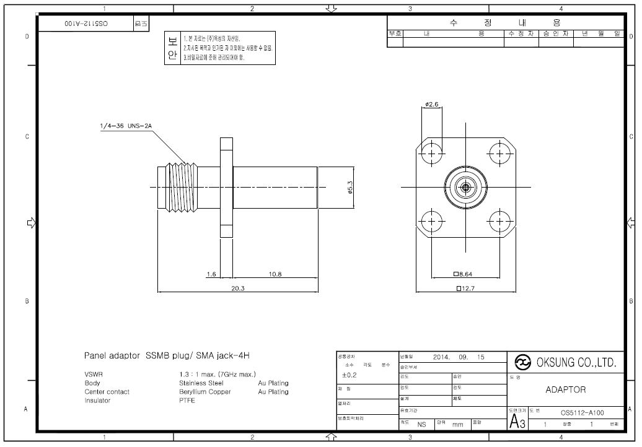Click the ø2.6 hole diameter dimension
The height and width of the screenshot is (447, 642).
tap(432, 105)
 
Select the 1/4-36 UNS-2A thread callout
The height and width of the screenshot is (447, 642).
tap(126, 126)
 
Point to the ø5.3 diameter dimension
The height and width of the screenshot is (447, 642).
tap(350, 187)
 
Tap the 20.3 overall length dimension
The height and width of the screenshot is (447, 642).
tap(238, 288)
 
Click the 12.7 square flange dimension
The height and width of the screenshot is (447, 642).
tap(467, 288)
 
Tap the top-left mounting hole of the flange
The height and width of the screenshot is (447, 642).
tap(433, 152)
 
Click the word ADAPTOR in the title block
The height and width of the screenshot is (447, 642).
tap(565, 390)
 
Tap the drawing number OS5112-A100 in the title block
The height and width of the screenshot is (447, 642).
tap(582, 412)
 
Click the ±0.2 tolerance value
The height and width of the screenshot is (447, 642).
tap(350, 375)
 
